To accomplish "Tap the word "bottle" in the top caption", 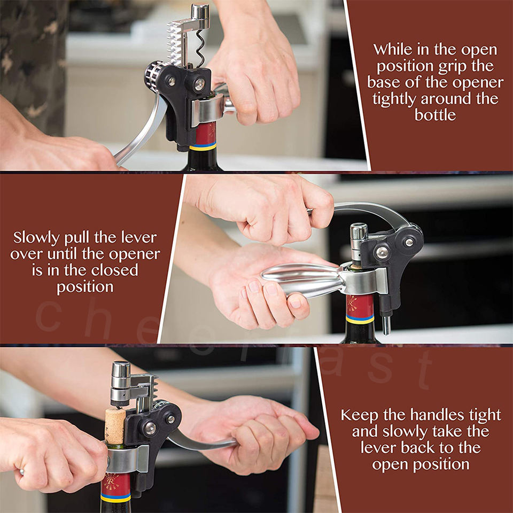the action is [435, 115].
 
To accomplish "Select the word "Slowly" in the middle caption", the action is [36, 238].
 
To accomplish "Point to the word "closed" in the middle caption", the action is [114, 270].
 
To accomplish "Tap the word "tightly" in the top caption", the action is [394, 99].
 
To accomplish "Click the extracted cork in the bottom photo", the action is [115, 426].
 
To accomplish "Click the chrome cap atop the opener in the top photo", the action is [200, 15].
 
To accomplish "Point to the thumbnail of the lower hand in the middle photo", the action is [295, 303].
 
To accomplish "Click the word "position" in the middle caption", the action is [85, 287].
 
